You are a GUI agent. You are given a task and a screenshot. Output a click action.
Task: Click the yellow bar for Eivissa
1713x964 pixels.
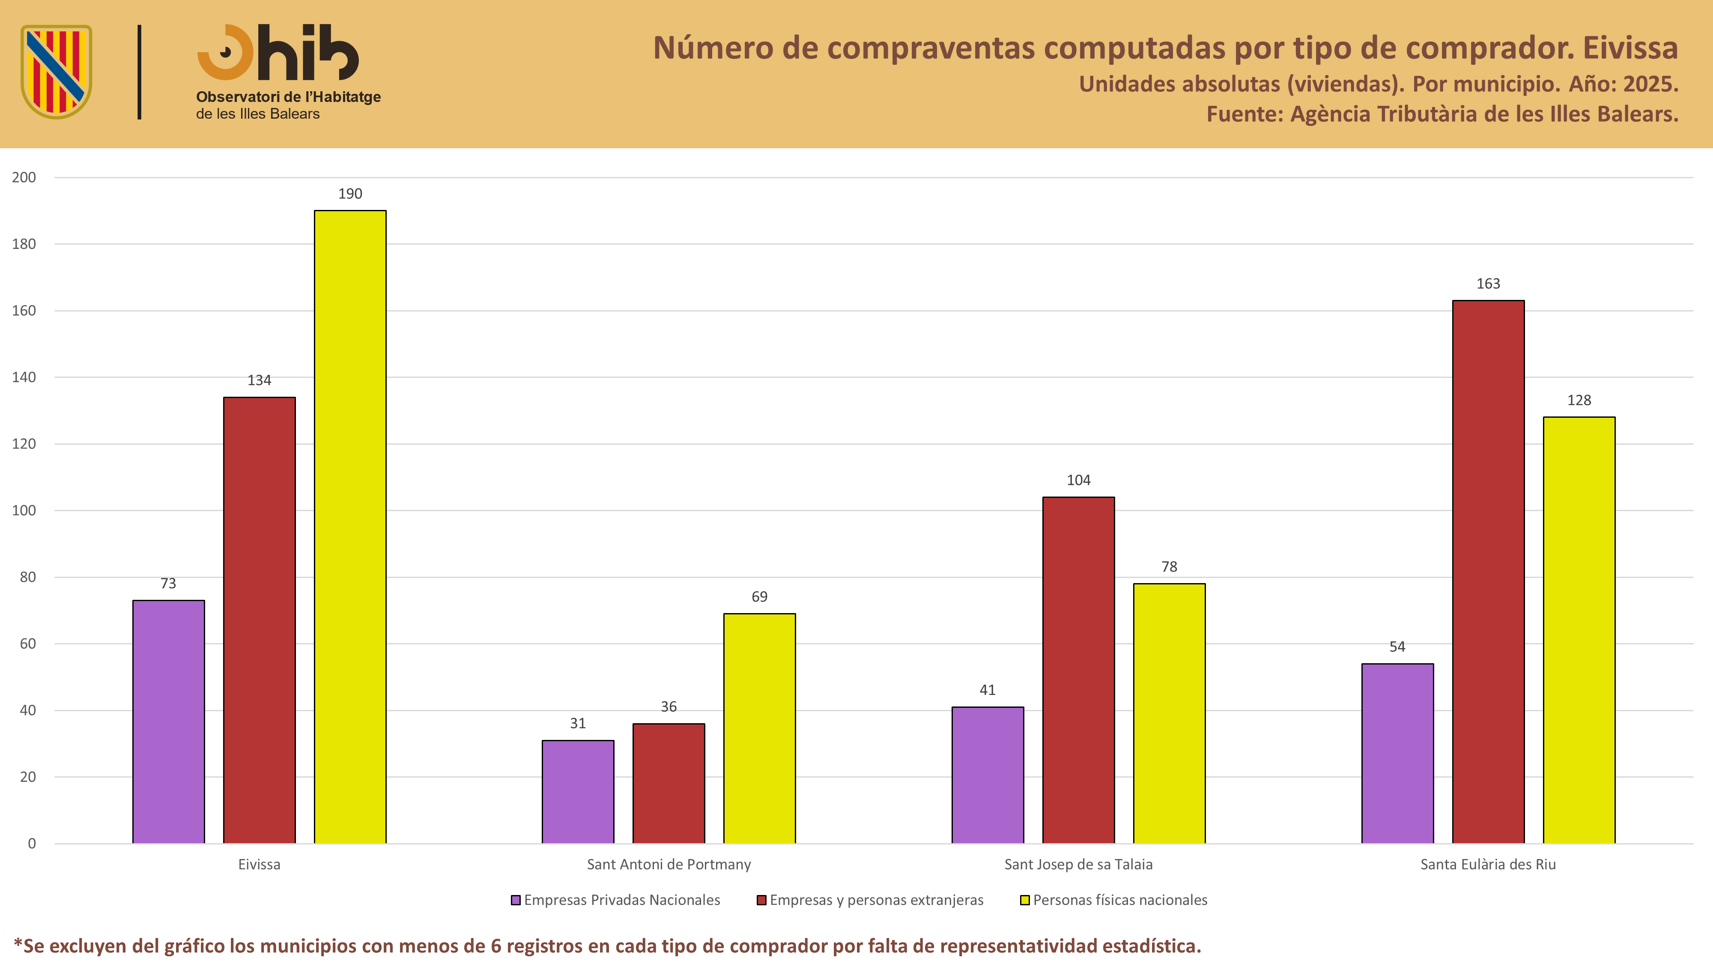[350, 527]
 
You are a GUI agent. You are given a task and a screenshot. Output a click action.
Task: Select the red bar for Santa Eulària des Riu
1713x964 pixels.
[1488, 572]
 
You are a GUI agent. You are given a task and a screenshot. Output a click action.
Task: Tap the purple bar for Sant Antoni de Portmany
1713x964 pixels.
[578, 792]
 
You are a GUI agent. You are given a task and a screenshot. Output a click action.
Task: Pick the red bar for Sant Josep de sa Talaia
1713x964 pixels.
[1079, 670]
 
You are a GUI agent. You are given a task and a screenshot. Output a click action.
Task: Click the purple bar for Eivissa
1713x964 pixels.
[168, 722]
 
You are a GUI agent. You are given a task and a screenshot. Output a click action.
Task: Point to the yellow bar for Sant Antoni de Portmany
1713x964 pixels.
[759, 728]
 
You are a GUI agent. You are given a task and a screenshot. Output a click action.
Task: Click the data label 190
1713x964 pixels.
[350, 194]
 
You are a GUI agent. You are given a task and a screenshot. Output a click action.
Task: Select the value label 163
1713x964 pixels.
[1488, 283]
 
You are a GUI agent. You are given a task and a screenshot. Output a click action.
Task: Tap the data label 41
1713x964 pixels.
[988, 690]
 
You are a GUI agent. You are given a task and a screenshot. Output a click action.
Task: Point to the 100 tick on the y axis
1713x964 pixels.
[24, 510]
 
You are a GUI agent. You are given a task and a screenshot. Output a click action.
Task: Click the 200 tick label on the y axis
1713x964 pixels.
[24, 177]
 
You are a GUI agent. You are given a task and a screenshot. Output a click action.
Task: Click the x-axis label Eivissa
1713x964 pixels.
[260, 864]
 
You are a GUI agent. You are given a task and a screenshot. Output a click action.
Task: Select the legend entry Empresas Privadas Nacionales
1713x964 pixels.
[615, 900]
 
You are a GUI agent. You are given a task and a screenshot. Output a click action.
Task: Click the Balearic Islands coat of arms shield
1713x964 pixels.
[57, 72]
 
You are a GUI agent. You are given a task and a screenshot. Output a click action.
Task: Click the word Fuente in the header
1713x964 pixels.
[1244, 114]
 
